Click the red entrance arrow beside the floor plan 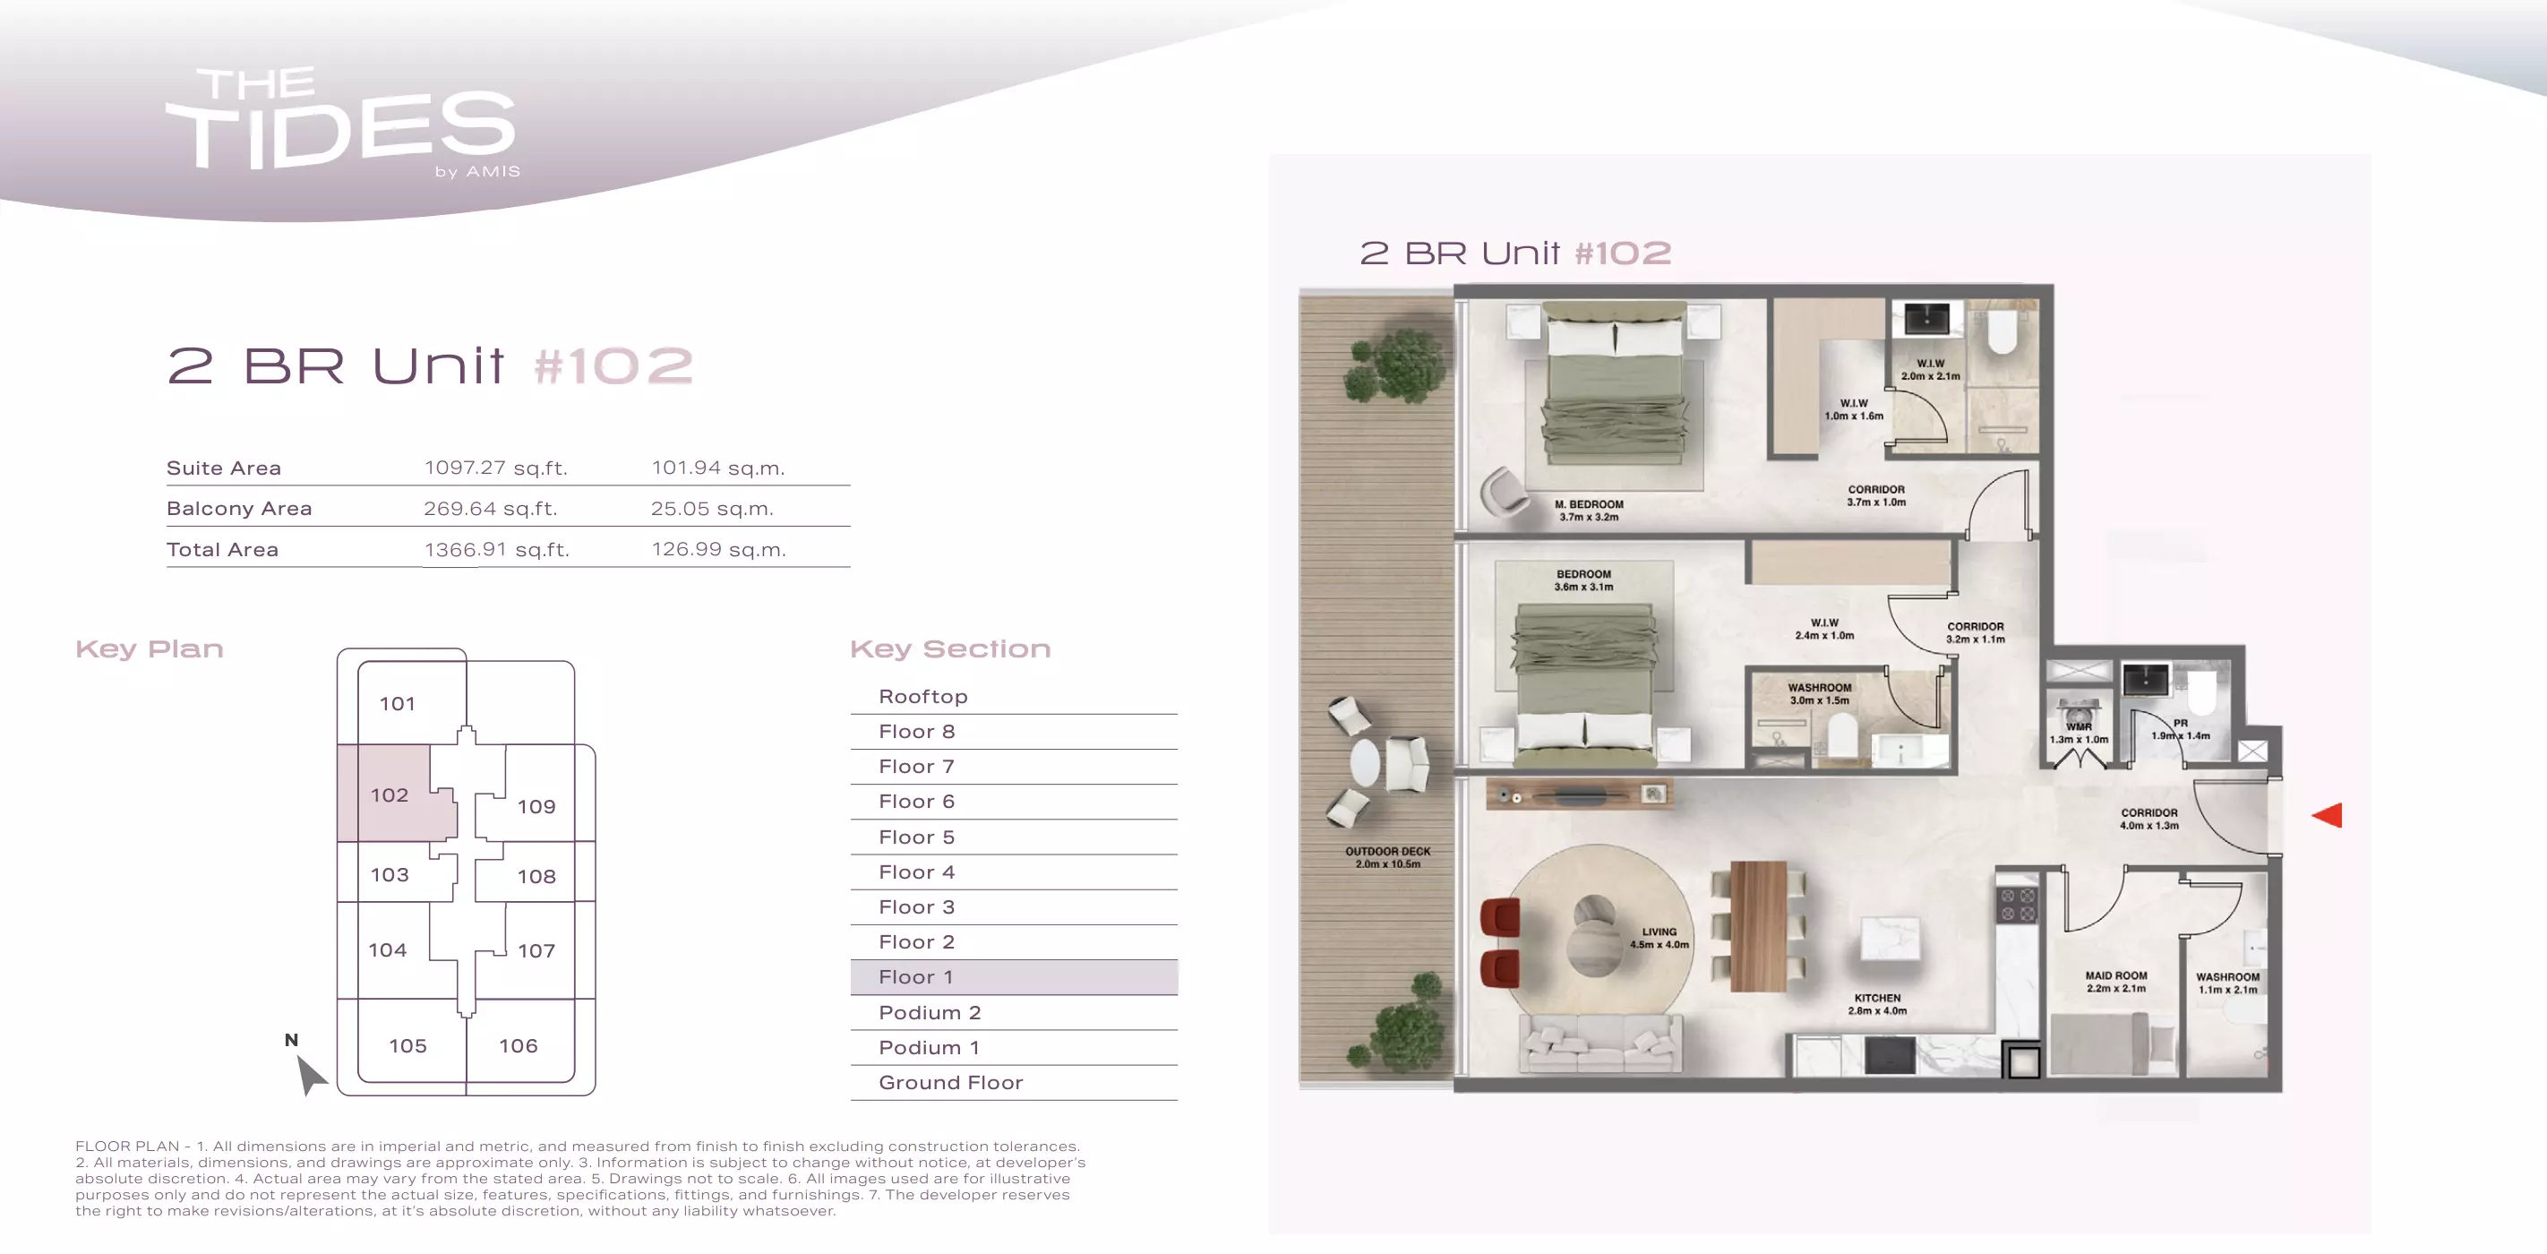tap(2328, 815)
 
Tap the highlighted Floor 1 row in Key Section tap(1014, 977)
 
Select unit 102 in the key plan tap(390, 795)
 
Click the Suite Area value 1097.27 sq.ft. tap(496, 468)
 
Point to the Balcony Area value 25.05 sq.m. tap(712, 509)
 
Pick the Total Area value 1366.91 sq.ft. tap(496, 550)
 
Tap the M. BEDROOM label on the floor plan tap(1589, 504)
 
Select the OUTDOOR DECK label tap(1387, 852)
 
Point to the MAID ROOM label tap(2116, 975)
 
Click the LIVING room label tap(1659, 932)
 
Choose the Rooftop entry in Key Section tap(923, 696)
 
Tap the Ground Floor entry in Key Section tap(951, 1083)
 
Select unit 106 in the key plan tap(519, 1046)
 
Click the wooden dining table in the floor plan tap(1759, 925)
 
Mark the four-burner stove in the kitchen tap(2017, 905)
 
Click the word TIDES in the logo tap(341, 132)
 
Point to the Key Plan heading tap(150, 648)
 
